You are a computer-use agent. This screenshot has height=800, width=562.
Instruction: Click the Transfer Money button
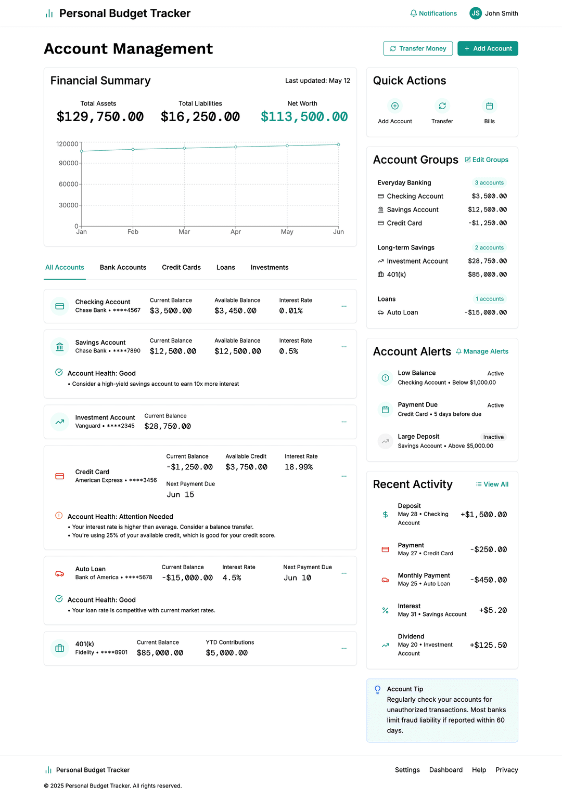pos(418,48)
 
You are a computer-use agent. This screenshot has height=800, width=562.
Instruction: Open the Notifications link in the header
pos(433,14)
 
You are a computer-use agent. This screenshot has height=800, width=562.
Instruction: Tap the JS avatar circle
pos(475,14)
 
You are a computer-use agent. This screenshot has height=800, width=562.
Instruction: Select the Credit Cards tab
pos(181,267)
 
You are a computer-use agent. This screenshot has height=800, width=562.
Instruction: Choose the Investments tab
pos(270,267)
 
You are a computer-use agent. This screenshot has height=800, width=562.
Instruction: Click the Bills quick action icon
pos(489,106)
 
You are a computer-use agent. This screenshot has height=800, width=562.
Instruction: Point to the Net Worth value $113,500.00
pos(304,117)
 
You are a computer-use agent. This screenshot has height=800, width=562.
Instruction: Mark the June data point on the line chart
pos(339,145)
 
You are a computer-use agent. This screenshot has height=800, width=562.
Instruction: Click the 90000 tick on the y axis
pos(68,163)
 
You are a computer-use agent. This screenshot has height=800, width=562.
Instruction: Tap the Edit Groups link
pos(487,160)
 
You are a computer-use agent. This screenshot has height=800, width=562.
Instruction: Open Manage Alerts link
pos(482,351)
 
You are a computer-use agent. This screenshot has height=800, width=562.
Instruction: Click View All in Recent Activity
pos(492,484)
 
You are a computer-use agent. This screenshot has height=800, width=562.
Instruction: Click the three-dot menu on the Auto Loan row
pos(344,573)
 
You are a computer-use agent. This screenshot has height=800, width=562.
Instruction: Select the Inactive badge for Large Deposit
pos(493,437)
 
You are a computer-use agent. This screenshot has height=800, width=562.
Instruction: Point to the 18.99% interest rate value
pos(299,467)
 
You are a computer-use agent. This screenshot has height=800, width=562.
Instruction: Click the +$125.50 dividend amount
pos(488,645)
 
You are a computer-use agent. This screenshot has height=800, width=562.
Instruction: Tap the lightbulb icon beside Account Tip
pos(378,690)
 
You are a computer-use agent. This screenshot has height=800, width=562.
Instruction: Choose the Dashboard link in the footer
pos(446,770)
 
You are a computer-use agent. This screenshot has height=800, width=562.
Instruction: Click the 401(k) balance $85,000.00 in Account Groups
pos(487,274)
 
